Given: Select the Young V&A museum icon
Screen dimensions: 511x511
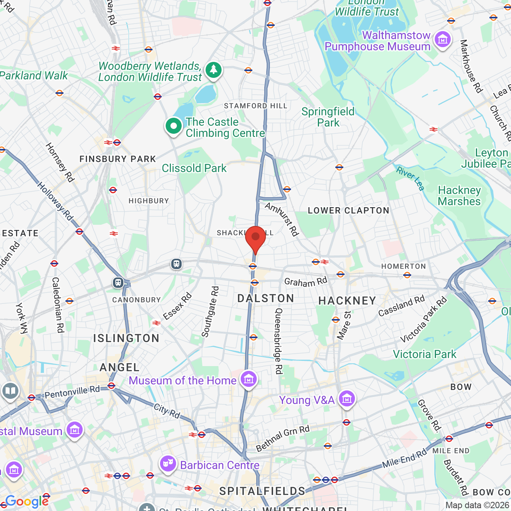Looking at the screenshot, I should point(347,398).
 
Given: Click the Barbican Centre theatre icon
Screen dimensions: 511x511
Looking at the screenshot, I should point(168,464).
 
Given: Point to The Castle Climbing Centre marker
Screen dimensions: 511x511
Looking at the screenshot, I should point(174,127).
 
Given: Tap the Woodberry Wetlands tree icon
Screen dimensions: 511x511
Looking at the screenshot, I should point(214,70).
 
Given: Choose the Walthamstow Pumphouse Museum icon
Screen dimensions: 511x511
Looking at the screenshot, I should point(442,40).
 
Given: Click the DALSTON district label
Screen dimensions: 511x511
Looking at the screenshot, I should point(265,299).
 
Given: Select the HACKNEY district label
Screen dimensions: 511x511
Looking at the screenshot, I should point(347,301).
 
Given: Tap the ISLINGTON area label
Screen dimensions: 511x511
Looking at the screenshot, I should point(126,339).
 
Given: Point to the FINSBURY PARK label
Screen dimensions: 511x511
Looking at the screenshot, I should point(118,159).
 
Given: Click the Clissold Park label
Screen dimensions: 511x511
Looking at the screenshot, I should point(194,168).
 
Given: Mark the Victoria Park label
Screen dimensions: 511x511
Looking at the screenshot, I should point(424,355).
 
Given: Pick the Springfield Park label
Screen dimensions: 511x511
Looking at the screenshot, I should point(328,117).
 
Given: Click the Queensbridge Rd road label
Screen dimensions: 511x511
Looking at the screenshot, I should point(279,341).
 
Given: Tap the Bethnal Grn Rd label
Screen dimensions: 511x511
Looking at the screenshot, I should point(283,438).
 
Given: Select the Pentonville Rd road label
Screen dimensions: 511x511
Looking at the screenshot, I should point(72,392).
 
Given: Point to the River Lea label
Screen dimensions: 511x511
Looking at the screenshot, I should point(410,178).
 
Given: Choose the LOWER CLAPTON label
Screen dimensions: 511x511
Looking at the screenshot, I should point(349,211).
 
